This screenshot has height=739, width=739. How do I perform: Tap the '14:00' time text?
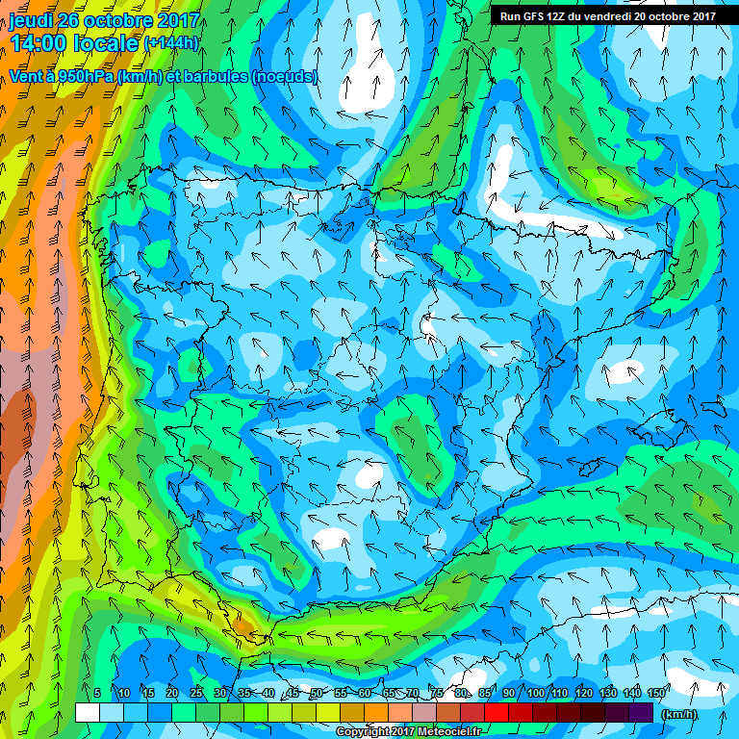click(x=37, y=42)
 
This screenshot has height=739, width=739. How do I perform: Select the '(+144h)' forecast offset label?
click(x=170, y=43)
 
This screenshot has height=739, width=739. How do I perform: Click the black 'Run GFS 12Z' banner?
click(x=607, y=16)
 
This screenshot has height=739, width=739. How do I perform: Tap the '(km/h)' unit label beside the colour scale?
click(x=679, y=713)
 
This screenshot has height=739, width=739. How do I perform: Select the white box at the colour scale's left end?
click(x=87, y=713)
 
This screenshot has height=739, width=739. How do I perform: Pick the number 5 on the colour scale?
click(x=97, y=694)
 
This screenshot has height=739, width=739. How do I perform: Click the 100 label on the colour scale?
click(x=536, y=694)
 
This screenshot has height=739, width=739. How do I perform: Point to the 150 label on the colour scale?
click(x=657, y=694)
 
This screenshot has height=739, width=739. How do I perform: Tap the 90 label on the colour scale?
click(x=510, y=694)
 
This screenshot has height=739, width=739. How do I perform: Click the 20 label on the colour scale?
click(x=172, y=694)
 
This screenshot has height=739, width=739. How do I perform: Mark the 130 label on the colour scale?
click(x=608, y=694)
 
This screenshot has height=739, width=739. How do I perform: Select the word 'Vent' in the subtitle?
click(x=26, y=76)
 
